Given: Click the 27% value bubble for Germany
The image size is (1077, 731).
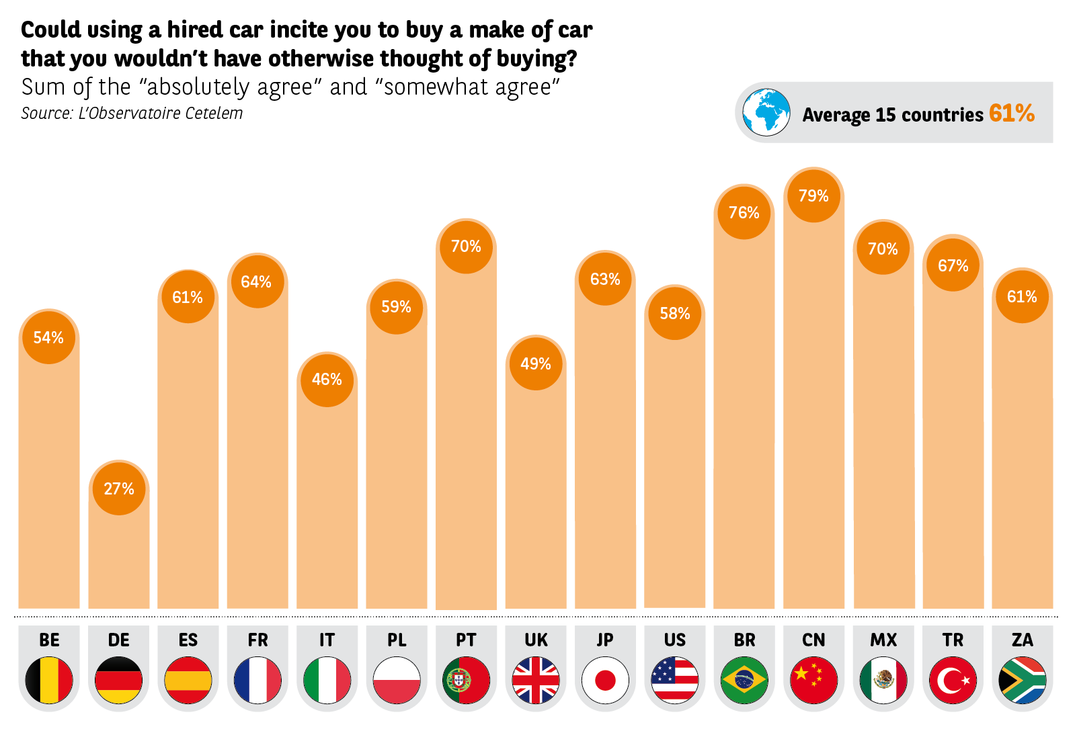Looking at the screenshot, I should point(119,488).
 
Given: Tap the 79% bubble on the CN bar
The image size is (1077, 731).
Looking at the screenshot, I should point(813,196).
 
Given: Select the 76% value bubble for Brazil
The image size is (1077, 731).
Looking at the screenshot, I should point(744,212).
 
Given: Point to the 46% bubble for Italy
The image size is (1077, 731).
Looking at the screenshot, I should point(327,380).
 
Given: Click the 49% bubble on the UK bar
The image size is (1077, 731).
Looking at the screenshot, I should point(536,363).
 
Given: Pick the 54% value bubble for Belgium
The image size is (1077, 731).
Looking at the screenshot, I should point(48,337).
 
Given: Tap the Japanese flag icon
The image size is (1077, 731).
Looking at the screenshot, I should point(605,680).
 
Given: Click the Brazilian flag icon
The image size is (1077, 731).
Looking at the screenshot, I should point(744,680).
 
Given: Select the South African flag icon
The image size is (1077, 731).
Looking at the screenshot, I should point(1022,680).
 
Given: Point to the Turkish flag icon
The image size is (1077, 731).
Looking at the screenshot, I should point(953,680).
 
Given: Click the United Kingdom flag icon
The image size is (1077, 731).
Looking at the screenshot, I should point(536,680).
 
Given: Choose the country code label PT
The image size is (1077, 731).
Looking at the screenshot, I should point(466,640).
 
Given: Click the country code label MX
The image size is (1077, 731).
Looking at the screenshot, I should point(883,640).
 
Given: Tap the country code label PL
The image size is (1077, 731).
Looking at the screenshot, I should point(397,640).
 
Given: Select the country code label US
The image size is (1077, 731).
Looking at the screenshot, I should point(675,640).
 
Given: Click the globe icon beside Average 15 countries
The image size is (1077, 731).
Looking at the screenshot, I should point(766,112).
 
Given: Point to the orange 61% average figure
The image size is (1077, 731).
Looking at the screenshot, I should point(1012,114).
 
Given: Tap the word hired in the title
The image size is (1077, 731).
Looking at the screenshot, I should point(195,30).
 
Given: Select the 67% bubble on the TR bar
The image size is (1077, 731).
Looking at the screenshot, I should point(953,265).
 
